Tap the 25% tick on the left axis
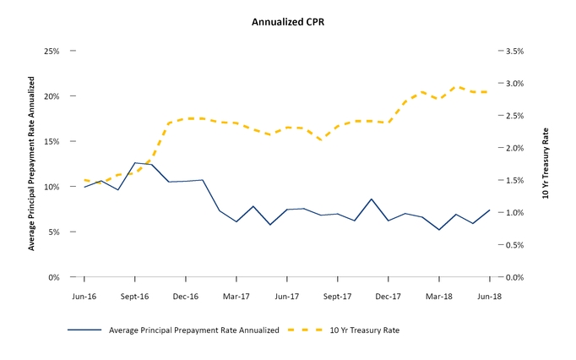click(52, 52)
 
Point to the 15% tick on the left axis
click(52, 142)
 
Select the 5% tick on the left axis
click(53, 232)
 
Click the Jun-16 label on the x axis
click(84, 297)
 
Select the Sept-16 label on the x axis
click(134, 297)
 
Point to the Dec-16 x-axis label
click(186, 297)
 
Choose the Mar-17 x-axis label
click(236, 297)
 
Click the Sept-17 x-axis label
click(337, 297)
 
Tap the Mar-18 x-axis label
click(439, 297)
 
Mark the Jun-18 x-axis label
click(490, 297)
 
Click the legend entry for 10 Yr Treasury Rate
click(364, 330)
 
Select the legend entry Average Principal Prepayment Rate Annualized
click(193, 330)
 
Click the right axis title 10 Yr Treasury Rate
click(546, 165)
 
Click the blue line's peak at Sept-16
click(135, 163)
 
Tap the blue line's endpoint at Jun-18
click(490, 210)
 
